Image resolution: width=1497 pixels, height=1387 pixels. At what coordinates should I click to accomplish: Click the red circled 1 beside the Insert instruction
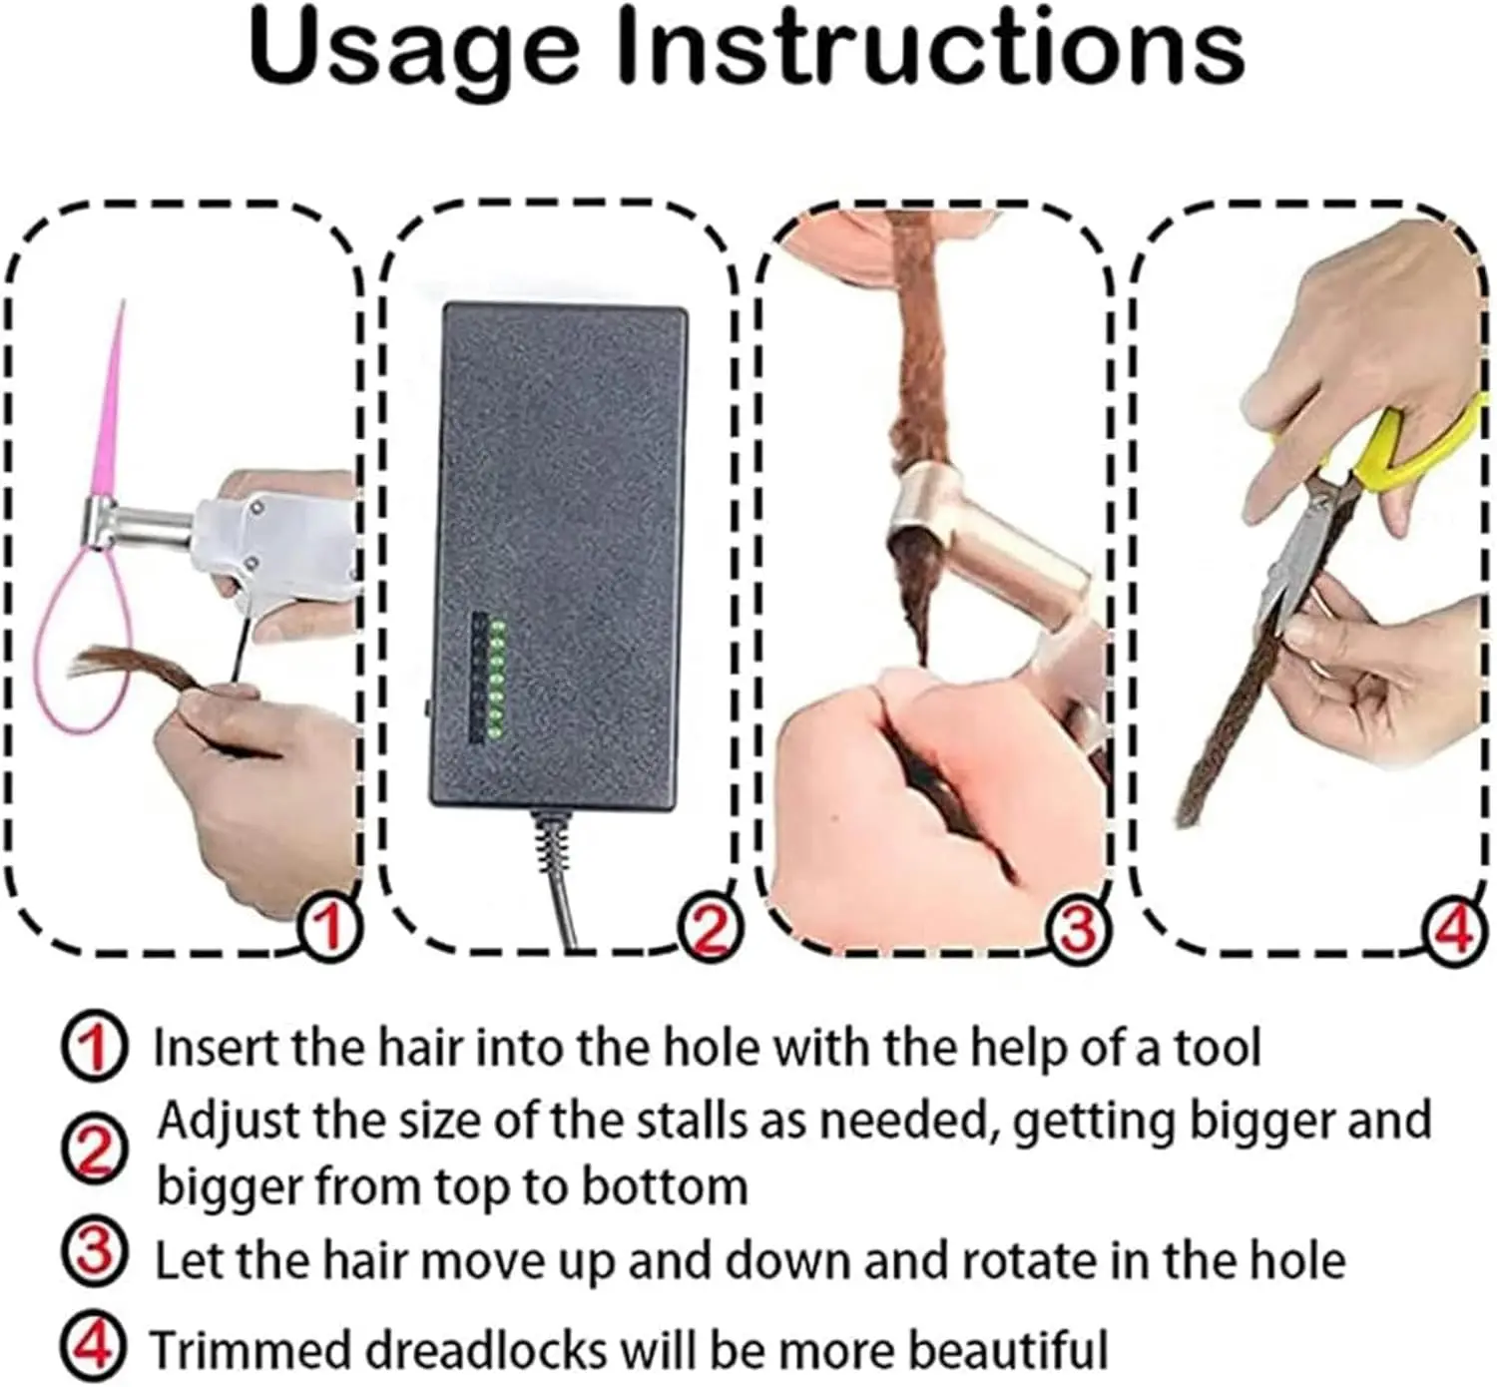click(95, 1047)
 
